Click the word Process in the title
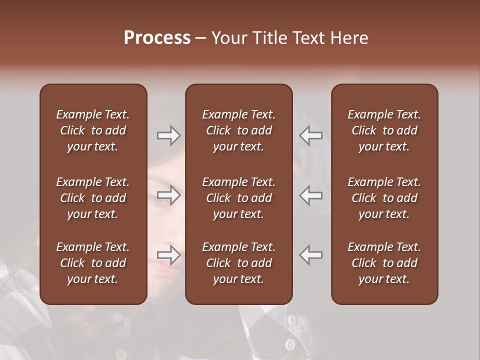[157, 38]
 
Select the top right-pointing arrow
[168, 135]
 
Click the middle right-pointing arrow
[168, 195]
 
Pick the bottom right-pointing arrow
[168, 255]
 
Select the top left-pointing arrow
[311, 135]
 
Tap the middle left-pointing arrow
[311, 195]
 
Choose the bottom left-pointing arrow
[311, 255]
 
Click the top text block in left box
[93, 130]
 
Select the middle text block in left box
[93, 198]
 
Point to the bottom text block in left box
[93, 263]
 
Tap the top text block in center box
[238, 130]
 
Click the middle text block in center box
[238, 198]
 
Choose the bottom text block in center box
[238, 263]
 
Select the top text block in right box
[384, 130]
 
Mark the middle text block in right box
[384, 198]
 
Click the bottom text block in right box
[384, 263]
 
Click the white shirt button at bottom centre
[289, 344]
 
